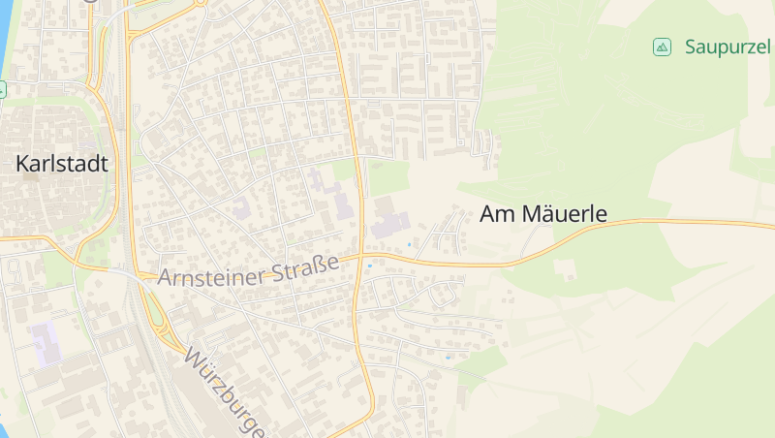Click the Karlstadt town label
(x=61, y=164)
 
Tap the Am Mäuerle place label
(x=543, y=214)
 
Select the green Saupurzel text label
(x=727, y=47)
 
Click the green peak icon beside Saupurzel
(x=662, y=47)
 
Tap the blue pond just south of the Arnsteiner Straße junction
(x=370, y=264)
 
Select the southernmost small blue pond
(x=447, y=358)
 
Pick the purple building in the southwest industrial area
(x=45, y=344)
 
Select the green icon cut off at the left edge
(x=2, y=89)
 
